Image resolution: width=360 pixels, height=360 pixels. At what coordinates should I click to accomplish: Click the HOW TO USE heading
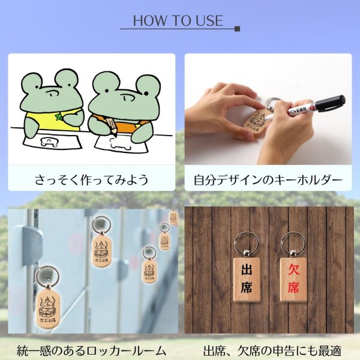pyautogui.click(x=178, y=20)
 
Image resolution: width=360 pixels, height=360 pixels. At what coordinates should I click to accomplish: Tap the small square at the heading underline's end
pyautogui.click(x=238, y=28)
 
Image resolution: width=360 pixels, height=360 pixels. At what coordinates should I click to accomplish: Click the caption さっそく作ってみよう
pyautogui.click(x=92, y=180)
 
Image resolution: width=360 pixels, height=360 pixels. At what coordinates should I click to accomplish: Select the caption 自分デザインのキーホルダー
pyautogui.click(x=268, y=180)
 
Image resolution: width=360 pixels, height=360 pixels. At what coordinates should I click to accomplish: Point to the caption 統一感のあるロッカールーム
pyautogui.click(x=92, y=350)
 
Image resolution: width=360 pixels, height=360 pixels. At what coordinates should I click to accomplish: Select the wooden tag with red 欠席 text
pyautogui.click(x=293, y=280)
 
